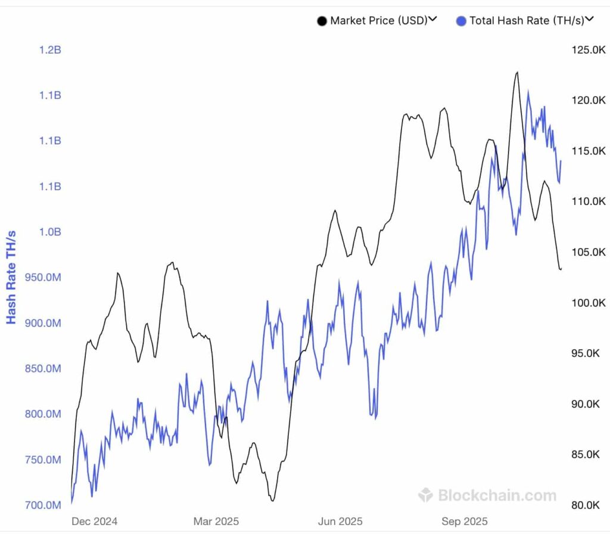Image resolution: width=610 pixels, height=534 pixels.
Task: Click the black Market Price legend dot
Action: [x=322, y=21]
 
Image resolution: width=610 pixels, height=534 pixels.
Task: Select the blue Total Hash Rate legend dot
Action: [x=461, y=21]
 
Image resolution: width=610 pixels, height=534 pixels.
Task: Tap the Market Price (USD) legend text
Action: [x=379, y=21]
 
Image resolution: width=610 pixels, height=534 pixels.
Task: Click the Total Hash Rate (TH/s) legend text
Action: [x=527, y=21]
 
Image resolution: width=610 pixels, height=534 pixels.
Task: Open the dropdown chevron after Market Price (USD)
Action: [x=433, y=20]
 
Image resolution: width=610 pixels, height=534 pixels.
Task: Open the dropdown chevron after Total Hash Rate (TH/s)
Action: [x=589, y=20]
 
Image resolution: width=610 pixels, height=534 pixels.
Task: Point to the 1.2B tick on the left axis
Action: [x=50, y=50]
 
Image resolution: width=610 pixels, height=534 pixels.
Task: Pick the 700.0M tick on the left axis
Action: [x=42, y=505]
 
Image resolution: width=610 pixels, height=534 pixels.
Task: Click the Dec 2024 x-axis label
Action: [x=94, y=521]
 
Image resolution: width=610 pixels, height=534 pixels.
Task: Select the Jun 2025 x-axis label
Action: [x=341, y=521]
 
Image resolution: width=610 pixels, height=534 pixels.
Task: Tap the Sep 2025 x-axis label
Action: [x=464, y=521]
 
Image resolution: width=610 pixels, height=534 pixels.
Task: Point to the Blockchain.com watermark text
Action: [x=497, y=495]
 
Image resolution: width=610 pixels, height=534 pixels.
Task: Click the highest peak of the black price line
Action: [x=516, y=72]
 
